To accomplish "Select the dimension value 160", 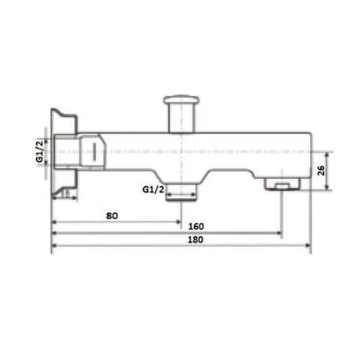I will click(x=185, y=226).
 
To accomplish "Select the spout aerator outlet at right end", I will click(x=282, y=184).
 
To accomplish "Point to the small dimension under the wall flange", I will click(x=67, y=193).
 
